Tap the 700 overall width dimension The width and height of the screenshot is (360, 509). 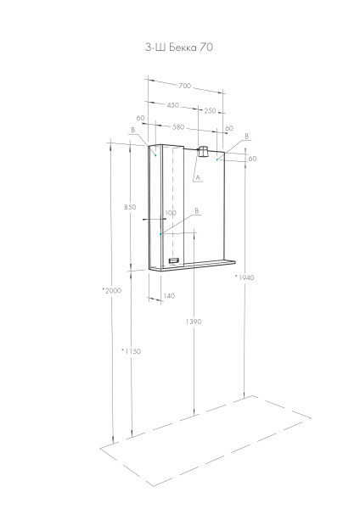click(x=185, y=86)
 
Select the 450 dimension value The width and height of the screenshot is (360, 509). click(x=172, y=106)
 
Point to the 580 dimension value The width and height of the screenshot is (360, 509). click(x=178, y=127)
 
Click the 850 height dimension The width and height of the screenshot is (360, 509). click(x=129, y=207)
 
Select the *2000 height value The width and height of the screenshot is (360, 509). click(x=112, y=290)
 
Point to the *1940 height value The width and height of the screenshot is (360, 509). click(x=245, y=277)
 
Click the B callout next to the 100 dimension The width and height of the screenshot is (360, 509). click(x=196, y=210)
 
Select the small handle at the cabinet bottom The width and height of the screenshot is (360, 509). click(x=175, y=261)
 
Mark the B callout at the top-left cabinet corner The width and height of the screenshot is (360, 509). click(x=133, y=130)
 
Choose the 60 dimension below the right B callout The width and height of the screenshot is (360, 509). click(x=252, y=159)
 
